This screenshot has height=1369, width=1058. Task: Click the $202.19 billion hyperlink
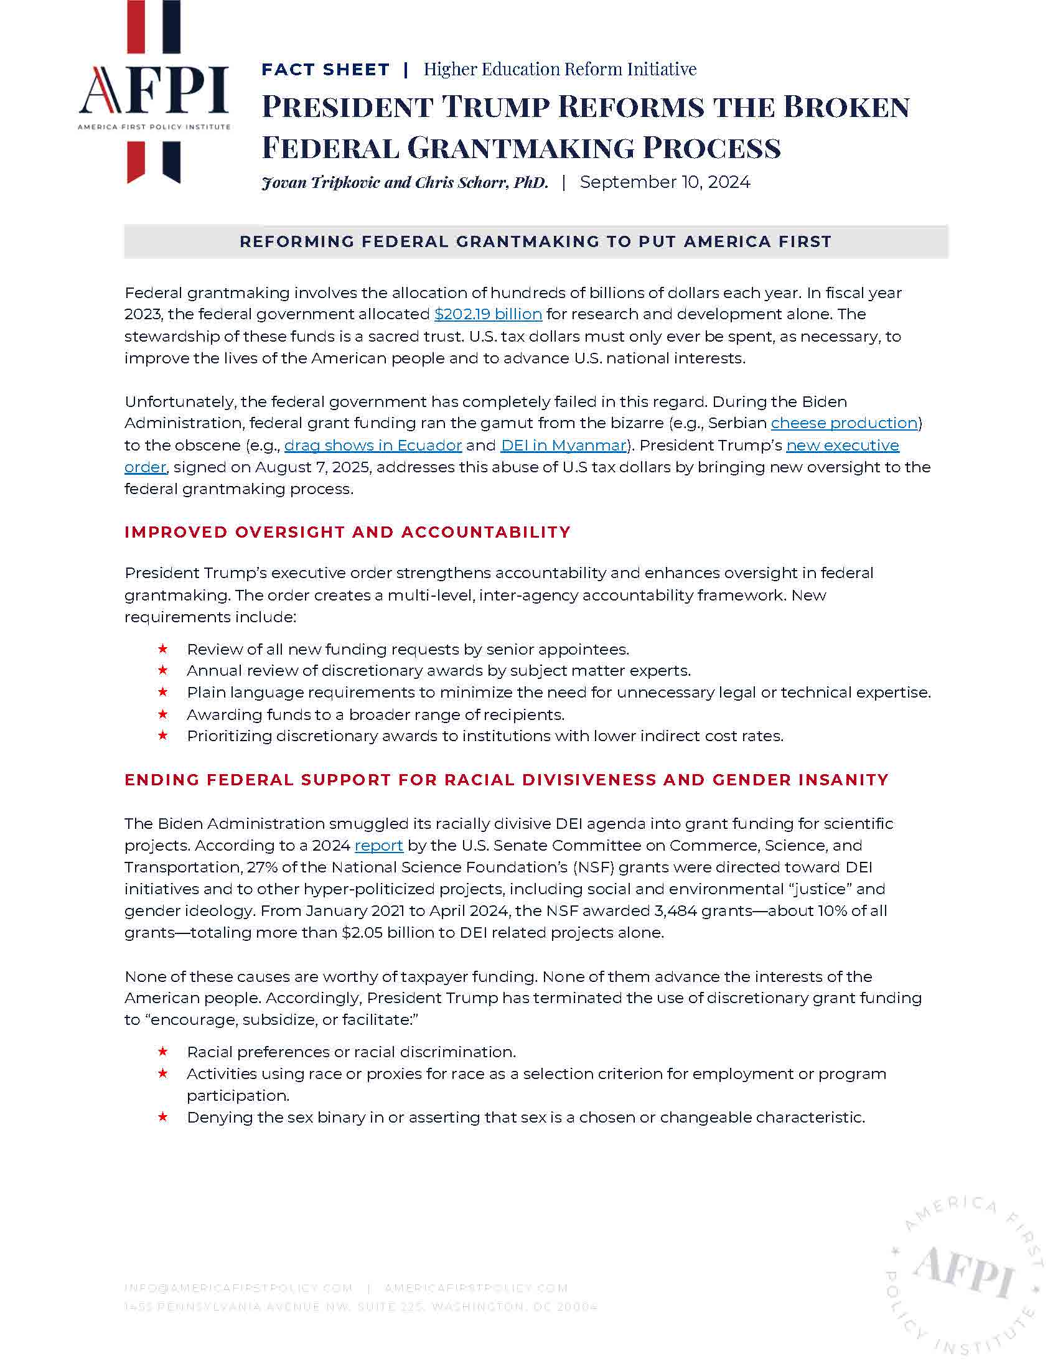(x=488, y=314)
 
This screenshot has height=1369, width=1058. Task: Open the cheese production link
(x=844, y=423)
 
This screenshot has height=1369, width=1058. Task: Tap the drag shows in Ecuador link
(x=373, y=445)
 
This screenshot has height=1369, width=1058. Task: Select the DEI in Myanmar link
(x=563, y=445)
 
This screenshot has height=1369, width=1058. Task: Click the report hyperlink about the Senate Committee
(x=378, y=846)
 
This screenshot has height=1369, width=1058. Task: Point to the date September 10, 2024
(x=665, y=182)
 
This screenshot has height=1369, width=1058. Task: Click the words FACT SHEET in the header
(x=325, y=70)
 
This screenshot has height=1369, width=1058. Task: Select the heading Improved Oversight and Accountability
(x=347, y=532)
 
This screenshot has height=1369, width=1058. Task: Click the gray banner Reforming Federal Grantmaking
(x=535, y=242)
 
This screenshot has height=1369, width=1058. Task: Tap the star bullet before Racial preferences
(x=163, y=1052)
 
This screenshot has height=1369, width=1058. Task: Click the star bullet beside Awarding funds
(x=163, y=714)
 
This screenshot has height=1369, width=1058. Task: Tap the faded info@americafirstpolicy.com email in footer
(x=238, y=1289)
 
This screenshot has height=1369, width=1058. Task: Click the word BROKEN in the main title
(x=846, y=107)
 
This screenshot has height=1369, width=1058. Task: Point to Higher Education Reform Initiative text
(x=559, y=70)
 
